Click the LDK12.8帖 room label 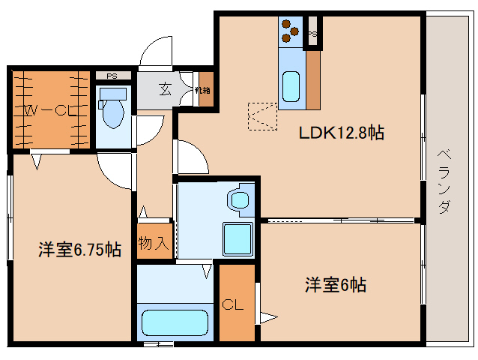point(342,133)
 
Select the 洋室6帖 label point(335,285)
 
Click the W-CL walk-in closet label point(48,110)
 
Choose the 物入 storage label point(154,244)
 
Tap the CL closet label point(232,305)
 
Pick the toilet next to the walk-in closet point(113,109)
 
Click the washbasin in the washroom point(240,199)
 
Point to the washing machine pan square point(239,239)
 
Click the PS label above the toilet point(112,76)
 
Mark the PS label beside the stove point(312,34)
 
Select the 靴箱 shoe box point(203,90)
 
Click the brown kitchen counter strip point(313,81)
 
